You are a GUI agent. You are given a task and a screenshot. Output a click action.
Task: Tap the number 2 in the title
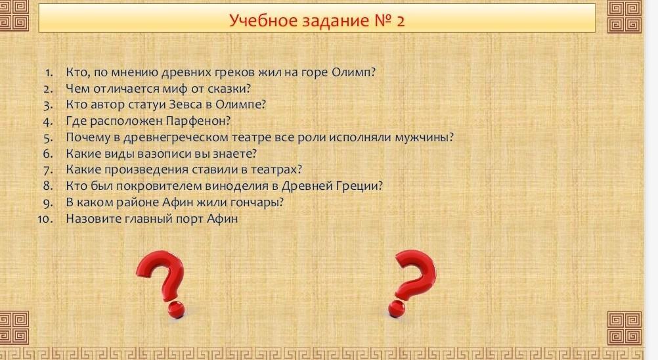click(400, 20)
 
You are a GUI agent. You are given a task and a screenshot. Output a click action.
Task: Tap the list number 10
click(45, 219)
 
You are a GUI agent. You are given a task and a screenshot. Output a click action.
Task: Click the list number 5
click(48, 138)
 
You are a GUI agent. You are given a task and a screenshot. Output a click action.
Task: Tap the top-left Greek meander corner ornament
click(14, 16)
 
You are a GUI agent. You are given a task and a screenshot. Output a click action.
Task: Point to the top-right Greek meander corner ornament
click(625, 17)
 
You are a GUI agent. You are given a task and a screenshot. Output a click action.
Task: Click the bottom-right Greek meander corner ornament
click(625, 328)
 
